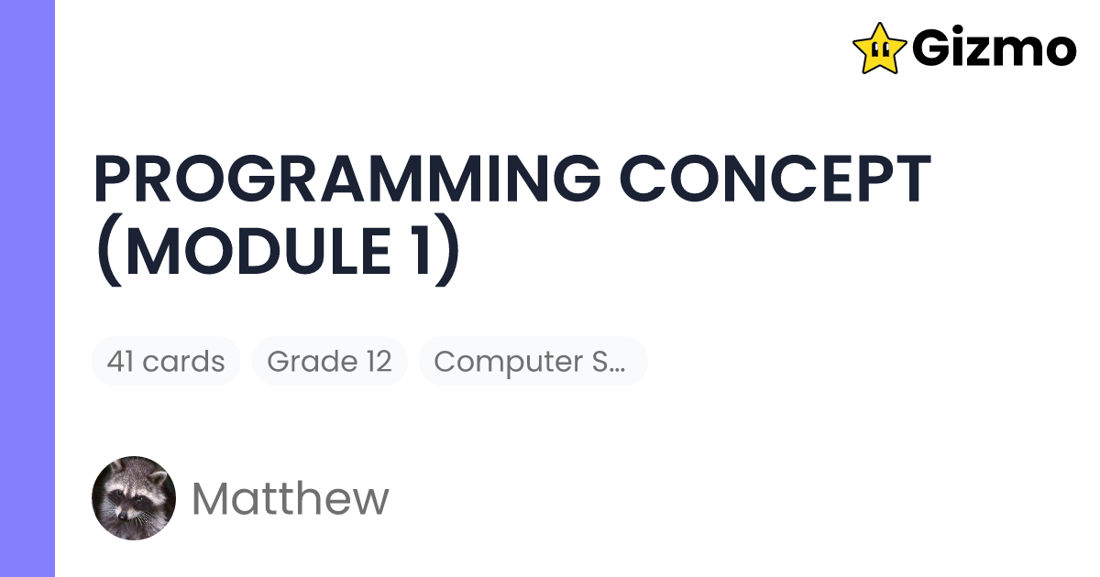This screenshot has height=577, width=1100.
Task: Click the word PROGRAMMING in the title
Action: pyautogui.click(x=341, y=180)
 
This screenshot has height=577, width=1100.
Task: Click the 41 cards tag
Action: pyautogui.click(x=166, y=361)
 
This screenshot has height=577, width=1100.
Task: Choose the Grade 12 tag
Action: pyautogui.click(x=329, y=361)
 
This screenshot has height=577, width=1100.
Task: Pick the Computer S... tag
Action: pyautogui.click(x=533, y=361)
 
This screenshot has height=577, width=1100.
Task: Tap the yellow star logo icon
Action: pyautogui.click(x=879, y=49)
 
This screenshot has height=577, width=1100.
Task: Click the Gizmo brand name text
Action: pyautogui.click(x=994, y=49)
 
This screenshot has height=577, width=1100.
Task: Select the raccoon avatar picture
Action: pyautogui.click(x=134, y=498)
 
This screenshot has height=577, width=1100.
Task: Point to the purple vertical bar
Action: pyautogui.click(x=27, y=288)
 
